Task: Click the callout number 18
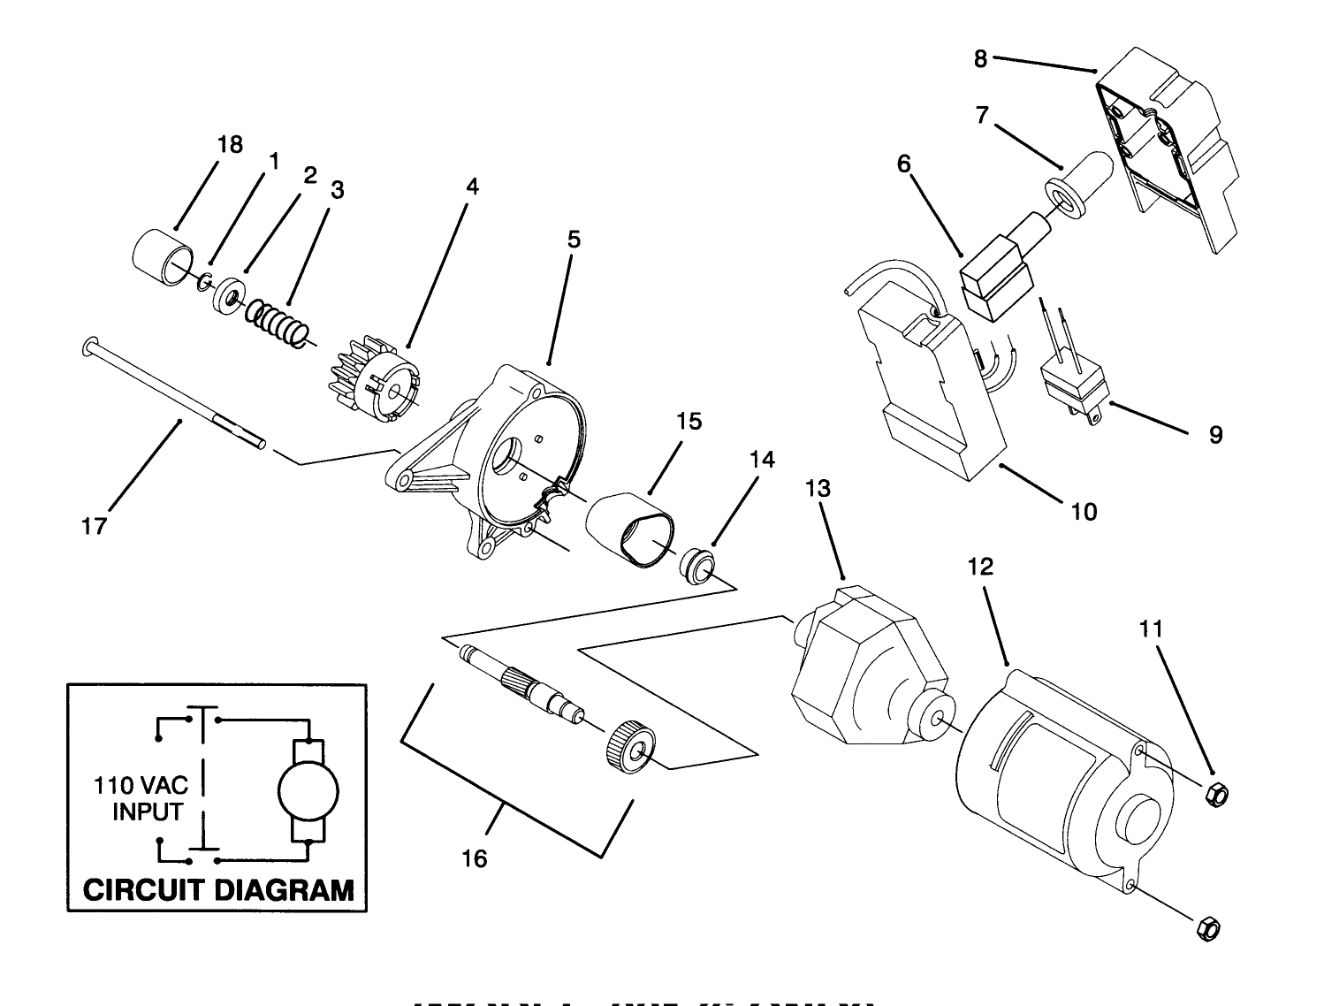coord(230,145)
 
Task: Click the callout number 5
coord(574,240)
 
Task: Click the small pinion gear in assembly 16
coord(630,748)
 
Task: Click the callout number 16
coord(475,858)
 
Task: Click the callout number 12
coord(981,567)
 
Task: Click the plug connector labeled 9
coord(1072,389)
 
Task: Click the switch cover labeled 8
coord(1167,150)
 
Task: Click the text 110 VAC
coord(142,786)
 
